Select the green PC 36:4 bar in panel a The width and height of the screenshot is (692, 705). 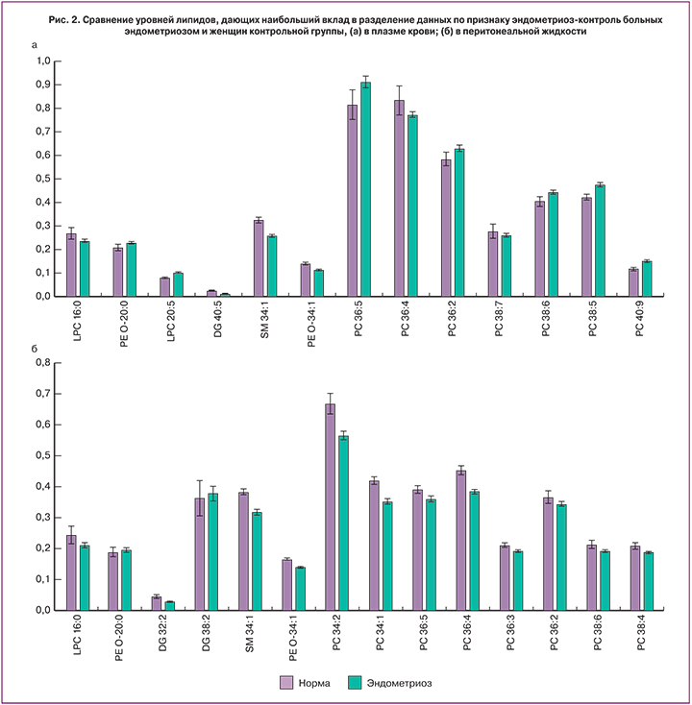pyautogui.click(x=412, y=206)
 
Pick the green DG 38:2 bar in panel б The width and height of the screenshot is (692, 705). pyautogui.click(x=213, y=551)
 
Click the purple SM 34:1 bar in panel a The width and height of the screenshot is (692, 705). pyautogui.click(x=259, y=257)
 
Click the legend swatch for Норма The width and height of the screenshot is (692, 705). pyautogui.click(x=286, y=683)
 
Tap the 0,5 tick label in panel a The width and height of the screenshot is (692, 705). pyautogui.click(x=41, y=179)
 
